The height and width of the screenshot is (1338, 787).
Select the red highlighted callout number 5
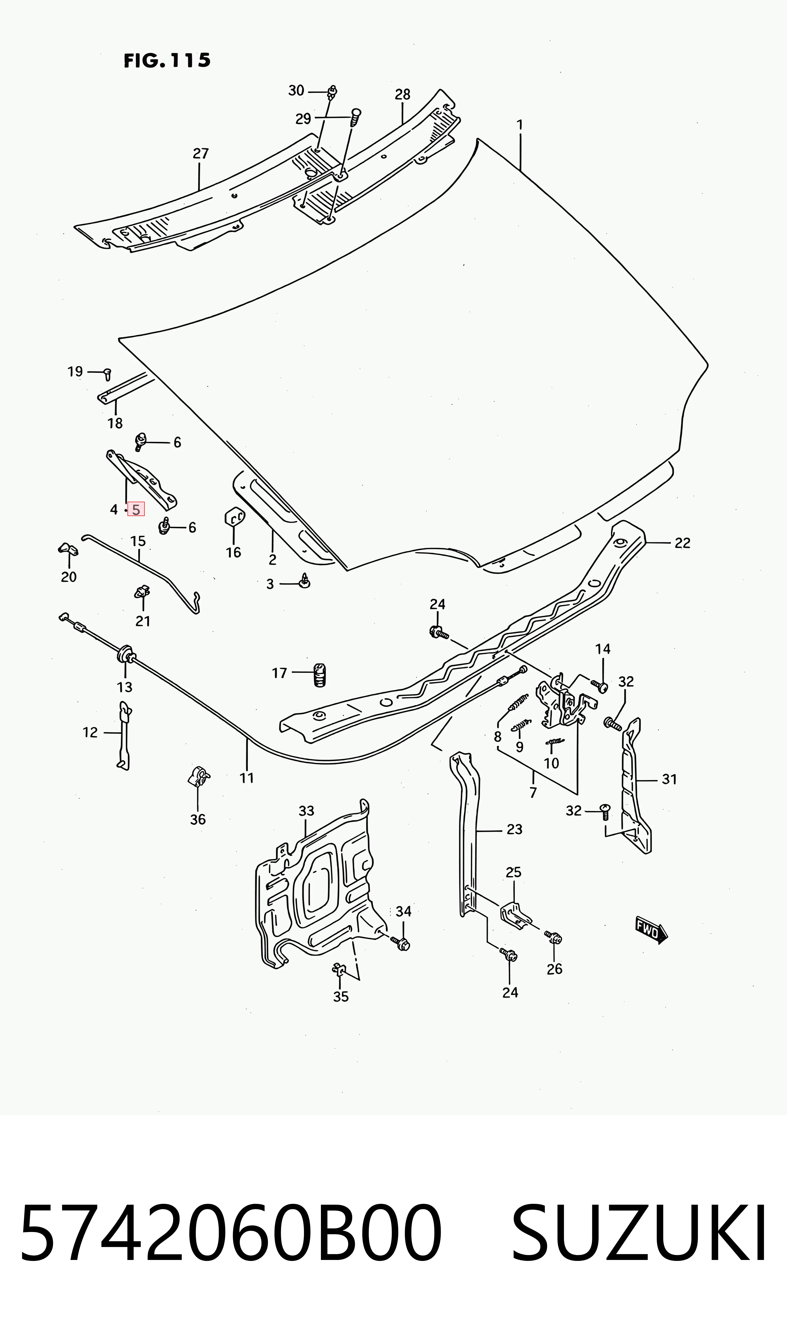point(136,510)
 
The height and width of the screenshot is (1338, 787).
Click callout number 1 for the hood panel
point(520,125)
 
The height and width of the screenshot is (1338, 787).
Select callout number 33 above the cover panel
point(306,811)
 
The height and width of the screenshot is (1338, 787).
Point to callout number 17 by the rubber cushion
point(279,673)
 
